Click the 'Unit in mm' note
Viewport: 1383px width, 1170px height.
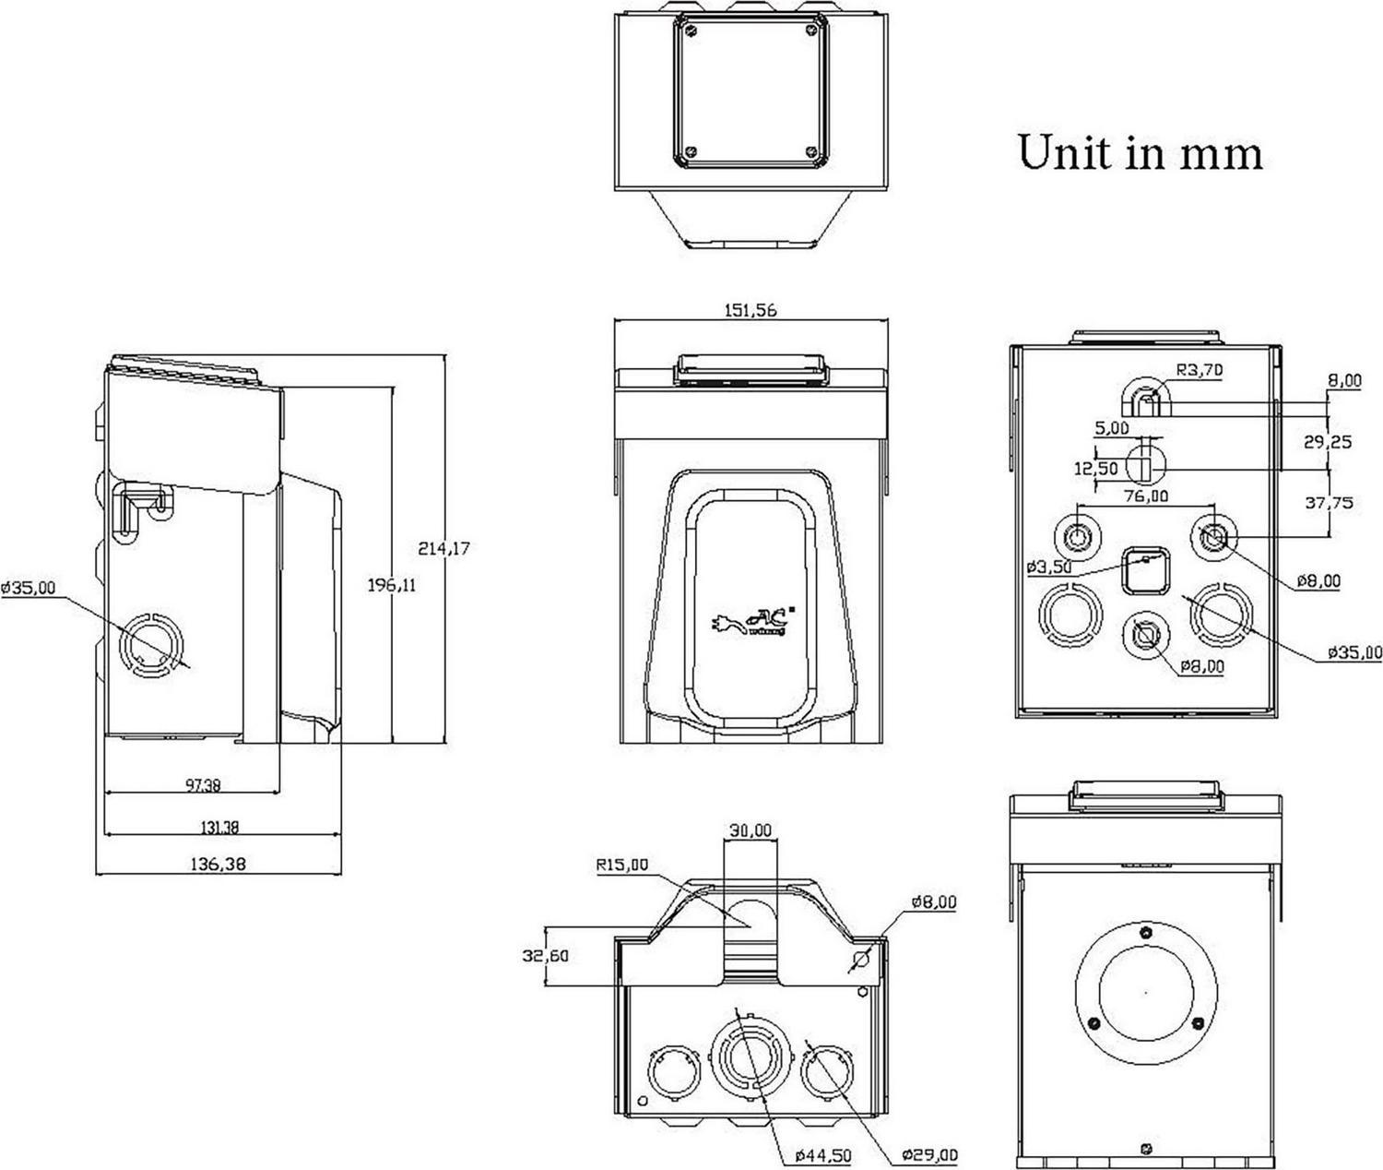(1140, 152)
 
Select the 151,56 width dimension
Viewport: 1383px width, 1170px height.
(751, 310)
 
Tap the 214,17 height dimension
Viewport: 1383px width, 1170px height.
(443, 548)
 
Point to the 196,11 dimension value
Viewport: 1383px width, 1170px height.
(391, 583)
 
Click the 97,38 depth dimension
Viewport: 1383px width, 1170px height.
(203, 785)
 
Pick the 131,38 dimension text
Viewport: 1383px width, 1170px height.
(219, 828)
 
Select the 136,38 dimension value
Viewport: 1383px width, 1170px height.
(219, 865)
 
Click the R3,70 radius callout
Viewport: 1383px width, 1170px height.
(1199, 371)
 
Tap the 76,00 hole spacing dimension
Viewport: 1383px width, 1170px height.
(1146, 495)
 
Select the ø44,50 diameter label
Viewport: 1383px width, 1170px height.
(823, 1155)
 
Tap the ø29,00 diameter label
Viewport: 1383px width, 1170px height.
(929, 1155)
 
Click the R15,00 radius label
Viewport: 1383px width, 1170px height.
(621, 866)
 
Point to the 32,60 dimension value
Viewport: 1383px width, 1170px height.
(544, 955)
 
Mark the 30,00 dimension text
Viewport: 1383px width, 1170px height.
(751, 830)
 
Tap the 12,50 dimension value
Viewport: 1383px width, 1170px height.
(1095, 469)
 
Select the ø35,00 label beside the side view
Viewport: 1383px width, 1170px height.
(28, 587)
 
